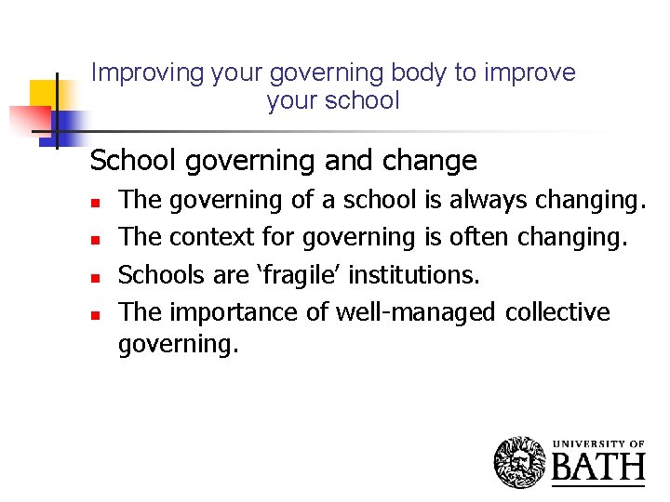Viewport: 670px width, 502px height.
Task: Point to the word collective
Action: pyautogui.click(x=557, y=312)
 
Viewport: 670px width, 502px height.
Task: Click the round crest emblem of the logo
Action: pyautogui.click(x=519, y=462)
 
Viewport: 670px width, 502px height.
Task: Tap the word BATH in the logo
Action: pyautogui.click(x=598, y=468)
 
